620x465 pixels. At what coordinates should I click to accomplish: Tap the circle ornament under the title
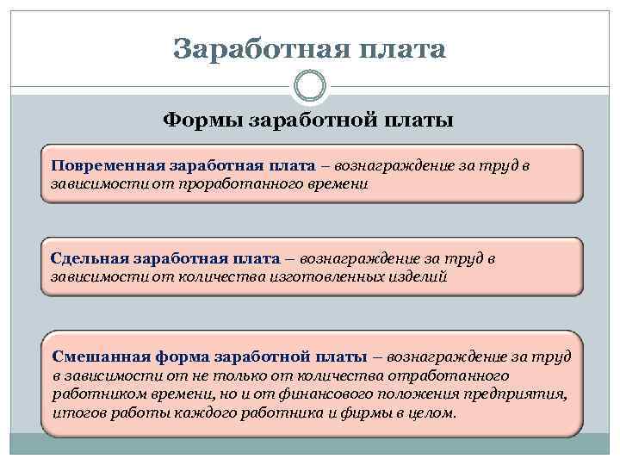tap(310, 85)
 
